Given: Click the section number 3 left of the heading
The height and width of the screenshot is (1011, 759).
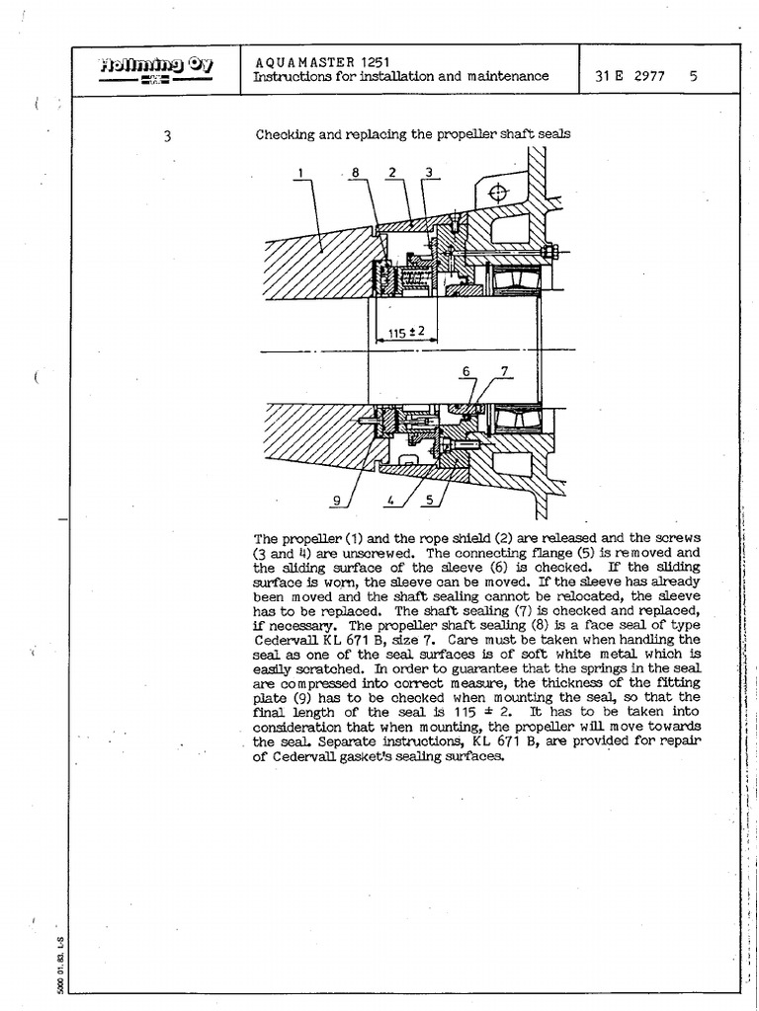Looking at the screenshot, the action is (167, 136).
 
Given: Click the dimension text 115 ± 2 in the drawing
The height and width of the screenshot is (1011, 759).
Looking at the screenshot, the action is (405, 331).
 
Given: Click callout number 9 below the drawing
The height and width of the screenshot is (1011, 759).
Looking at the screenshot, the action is (336, 501).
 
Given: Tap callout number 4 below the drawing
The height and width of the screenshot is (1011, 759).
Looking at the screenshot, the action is (391, 501).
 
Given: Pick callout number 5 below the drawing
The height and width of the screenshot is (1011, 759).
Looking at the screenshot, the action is (429, 501).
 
